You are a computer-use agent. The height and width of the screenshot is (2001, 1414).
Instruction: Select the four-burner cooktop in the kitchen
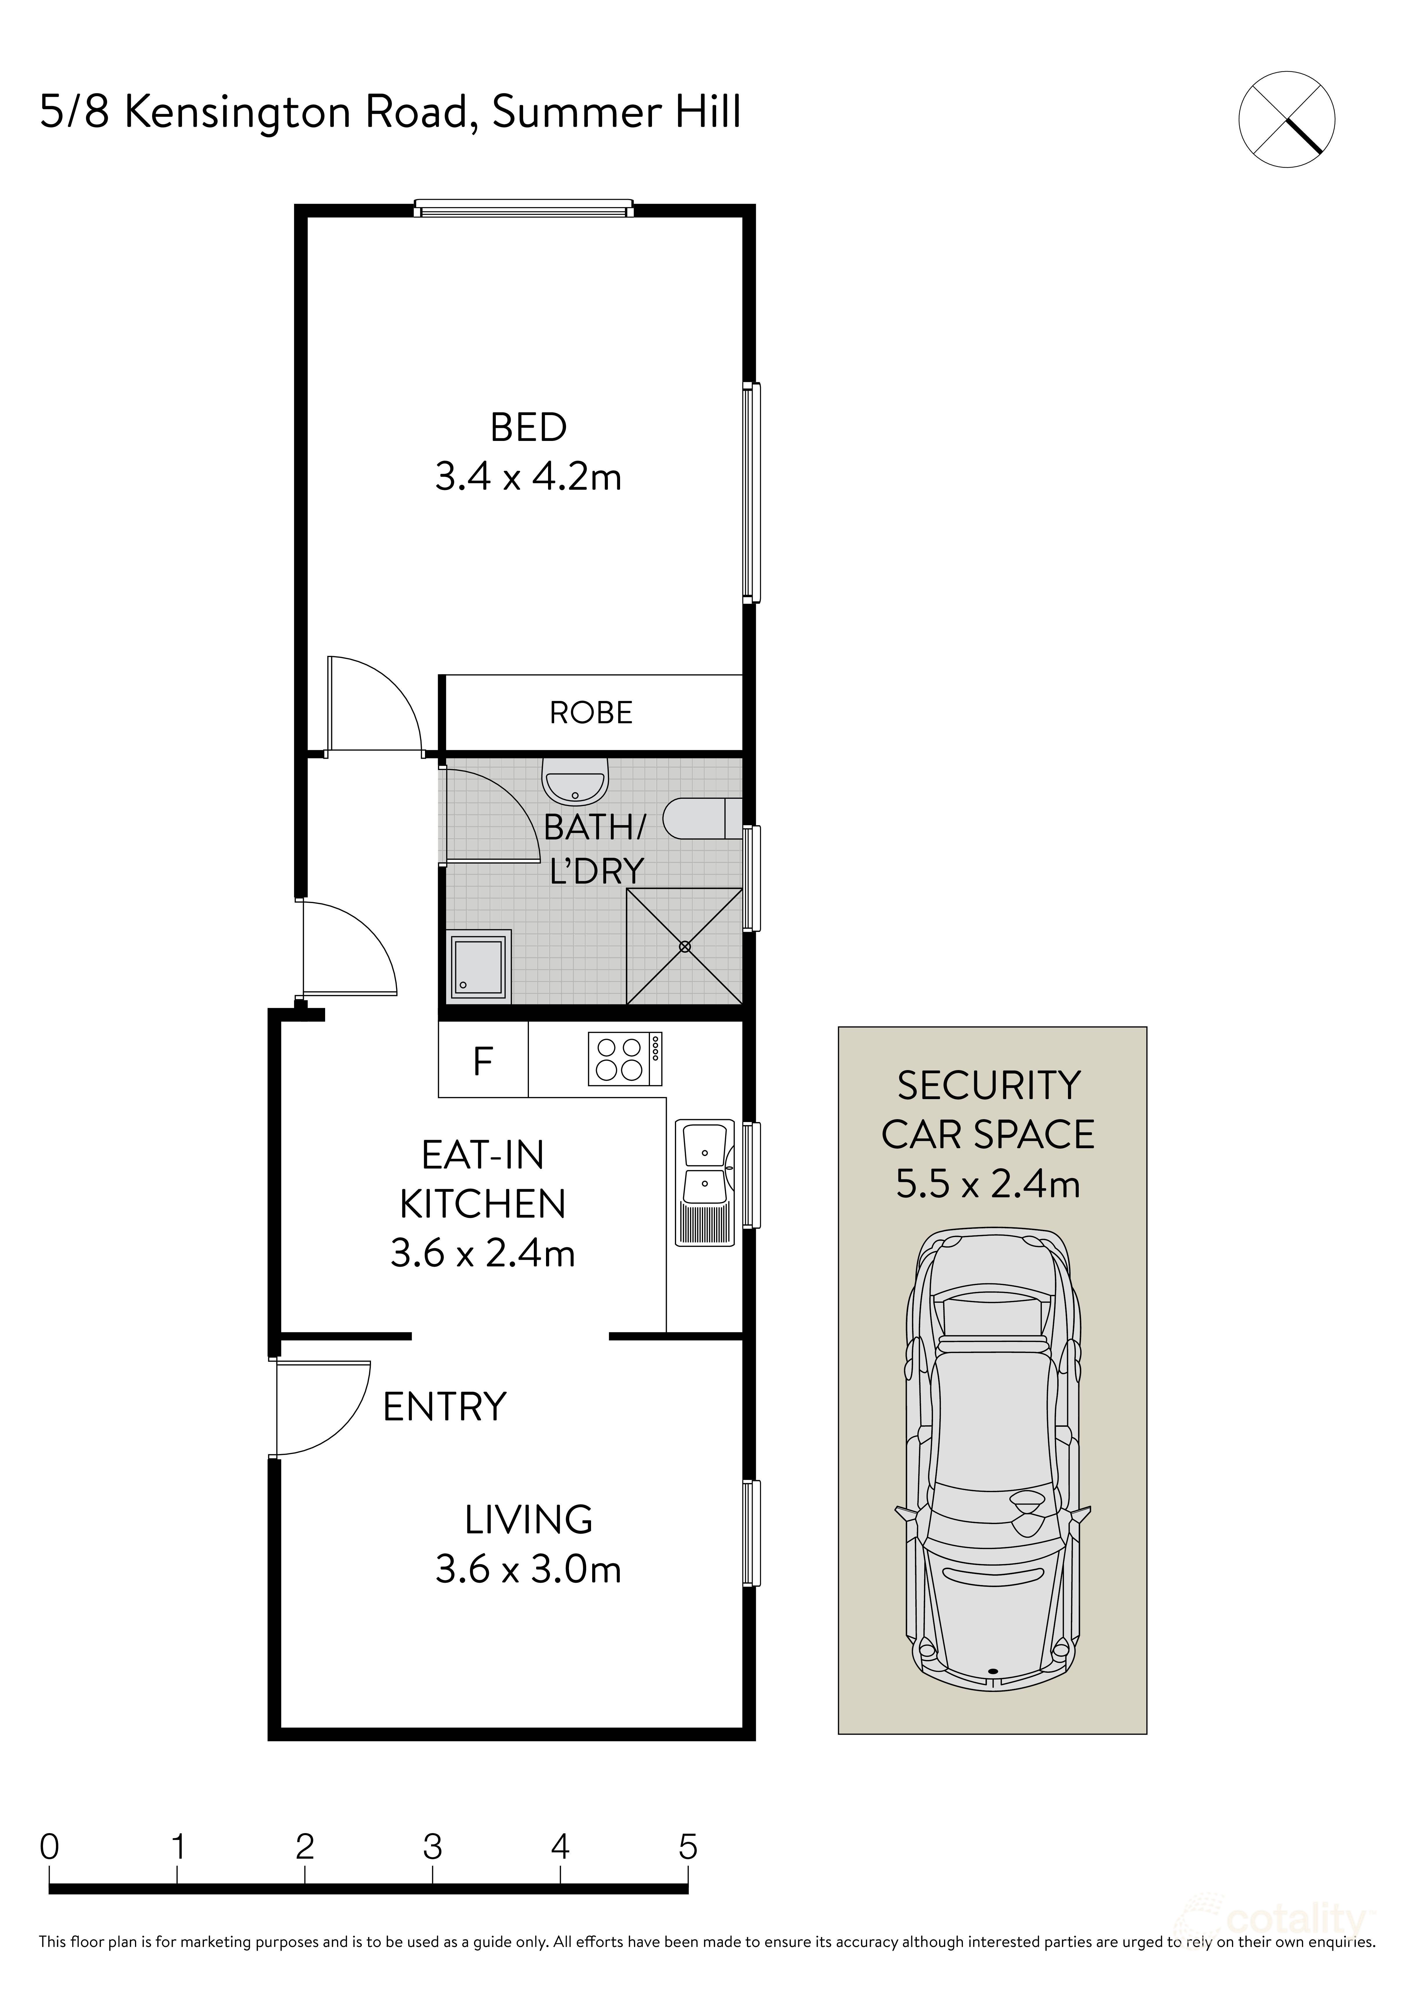click(625, 1059)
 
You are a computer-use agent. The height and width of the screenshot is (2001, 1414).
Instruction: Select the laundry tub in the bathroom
click(478, 967)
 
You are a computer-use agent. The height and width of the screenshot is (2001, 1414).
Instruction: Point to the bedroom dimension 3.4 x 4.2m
click(528, 478)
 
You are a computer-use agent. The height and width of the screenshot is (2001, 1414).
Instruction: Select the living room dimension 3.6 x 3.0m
click(528, 1571)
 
